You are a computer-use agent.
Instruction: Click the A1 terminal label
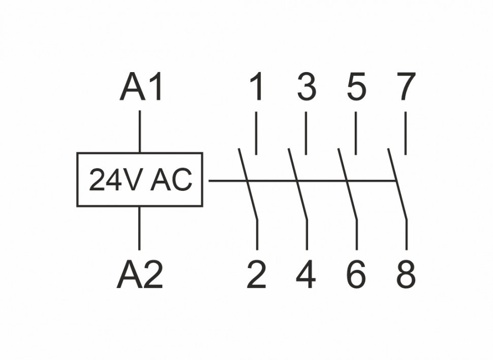click(142, 87)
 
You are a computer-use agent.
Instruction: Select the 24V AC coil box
click(140, 180)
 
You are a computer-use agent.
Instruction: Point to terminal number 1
click(257, 87)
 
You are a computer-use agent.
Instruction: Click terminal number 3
click(306, 87)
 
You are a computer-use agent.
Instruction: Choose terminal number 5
click(356, 87)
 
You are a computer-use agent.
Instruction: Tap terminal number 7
click(406, 87)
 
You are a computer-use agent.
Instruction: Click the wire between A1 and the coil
click(140, 131)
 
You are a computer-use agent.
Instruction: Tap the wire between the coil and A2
click(140, 228)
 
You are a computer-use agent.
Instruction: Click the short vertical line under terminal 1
click(256, 134)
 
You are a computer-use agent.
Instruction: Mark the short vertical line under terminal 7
click(405, 134)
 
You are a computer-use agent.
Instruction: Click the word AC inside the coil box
click(171, 180)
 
